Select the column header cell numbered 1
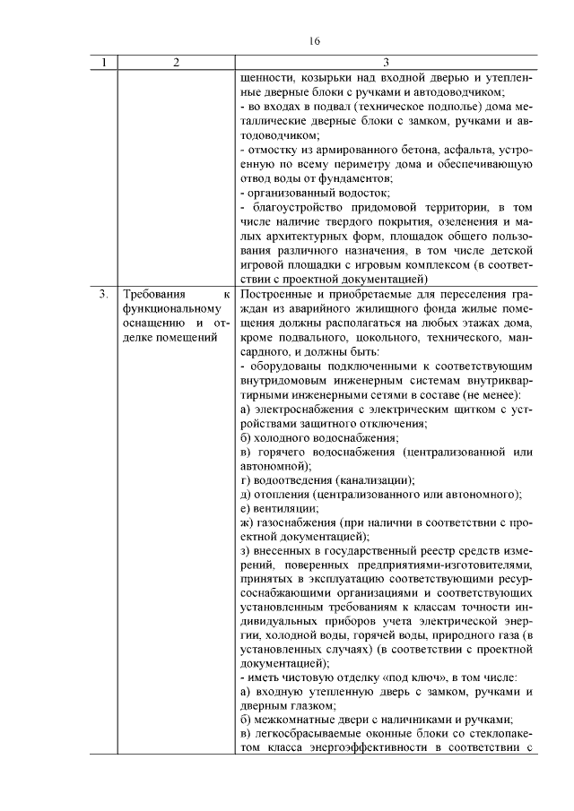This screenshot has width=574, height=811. pyautogui.click(x=105, y=63)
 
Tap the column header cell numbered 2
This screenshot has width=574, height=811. pyautogui.click(x=176, y=63)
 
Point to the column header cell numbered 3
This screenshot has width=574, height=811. pyautogui.click(x=386, y=63)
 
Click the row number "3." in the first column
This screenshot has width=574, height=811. pyautogui.click(x=104, y=294)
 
